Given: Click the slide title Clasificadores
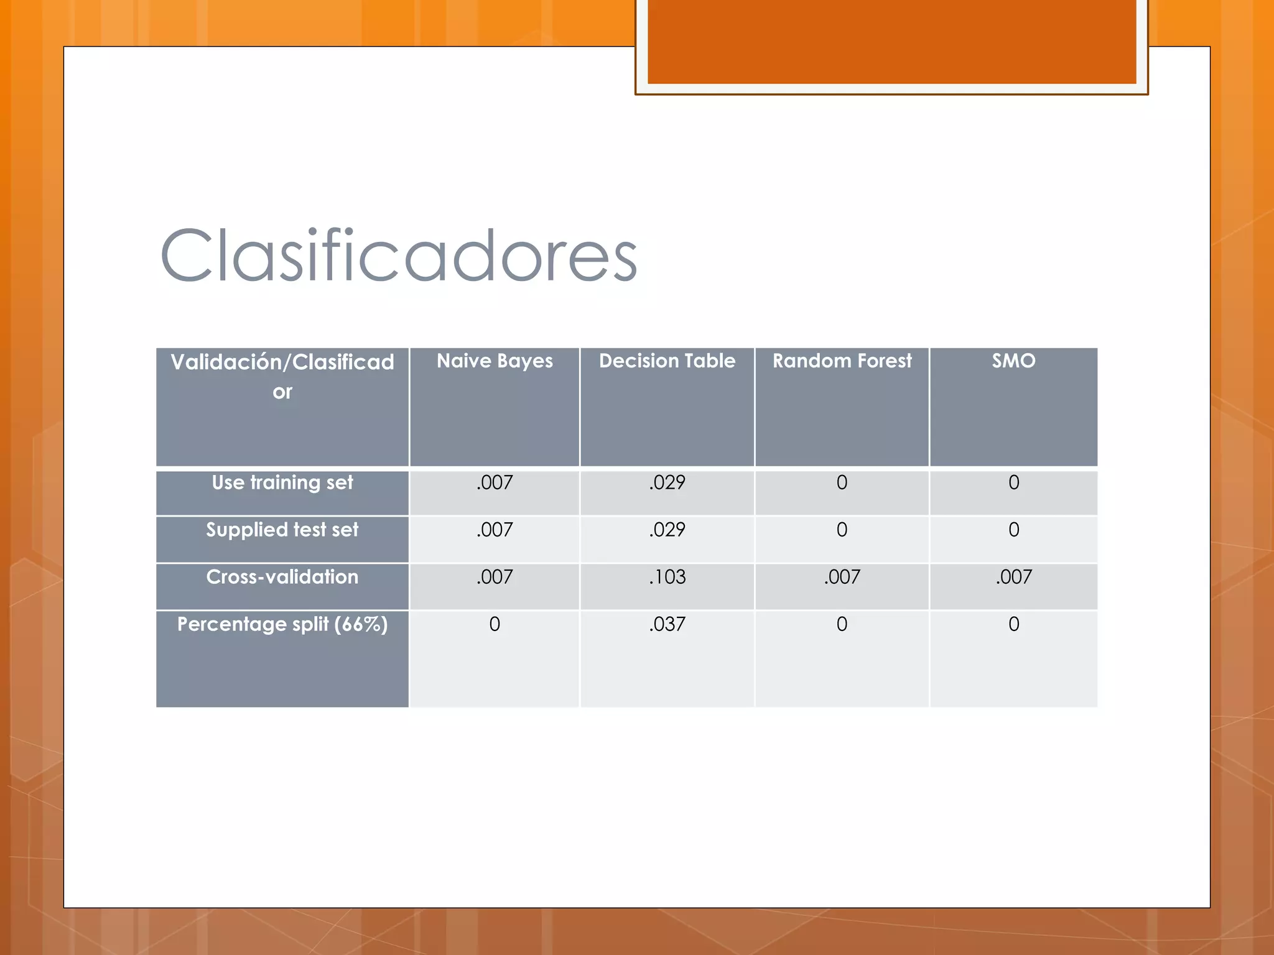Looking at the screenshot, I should (x=398, y=256).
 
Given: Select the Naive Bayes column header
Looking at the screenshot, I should (x=495, y=361).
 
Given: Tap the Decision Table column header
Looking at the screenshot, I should (x=667, y=361).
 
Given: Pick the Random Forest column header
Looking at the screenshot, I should (x=842, y=361).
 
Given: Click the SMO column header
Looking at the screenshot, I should (x=1013, y=361).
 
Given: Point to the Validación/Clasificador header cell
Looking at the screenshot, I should (x=282, y=376).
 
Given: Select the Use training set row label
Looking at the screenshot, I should (x=282, y=483).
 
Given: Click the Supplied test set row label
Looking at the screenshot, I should (x=282, y=530).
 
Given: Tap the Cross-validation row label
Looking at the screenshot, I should (x=282, y=578).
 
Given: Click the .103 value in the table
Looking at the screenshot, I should (x=667, y=578).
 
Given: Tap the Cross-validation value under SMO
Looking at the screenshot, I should (x=1013, y=578).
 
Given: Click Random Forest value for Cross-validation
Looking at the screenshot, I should (x=842, y=578).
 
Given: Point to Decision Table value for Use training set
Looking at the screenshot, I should (x=667, y=483).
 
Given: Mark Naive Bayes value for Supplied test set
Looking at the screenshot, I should (x=495, y=530).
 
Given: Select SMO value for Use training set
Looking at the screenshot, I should (x=1013, y=483).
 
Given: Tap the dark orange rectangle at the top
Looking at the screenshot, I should (x=891, y=41).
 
